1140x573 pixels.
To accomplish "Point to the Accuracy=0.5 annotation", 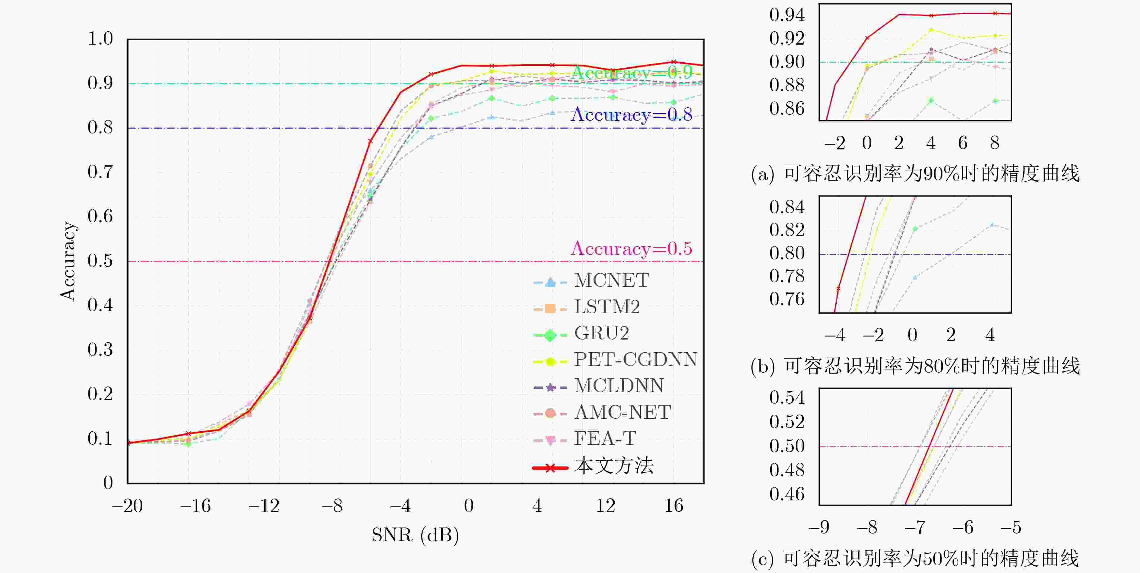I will (x=632, y=249).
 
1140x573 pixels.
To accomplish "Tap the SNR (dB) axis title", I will (x=415, y=535).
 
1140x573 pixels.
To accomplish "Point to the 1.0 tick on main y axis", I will (x=100, y=39).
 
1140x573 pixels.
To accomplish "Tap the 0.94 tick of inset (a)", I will (x=787, y=15).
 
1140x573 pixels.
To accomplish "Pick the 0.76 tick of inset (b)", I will (x=787, y=299).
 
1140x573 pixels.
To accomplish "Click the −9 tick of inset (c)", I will (x=819, y=527).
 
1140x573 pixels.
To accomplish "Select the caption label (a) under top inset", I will (x=762, y=174).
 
